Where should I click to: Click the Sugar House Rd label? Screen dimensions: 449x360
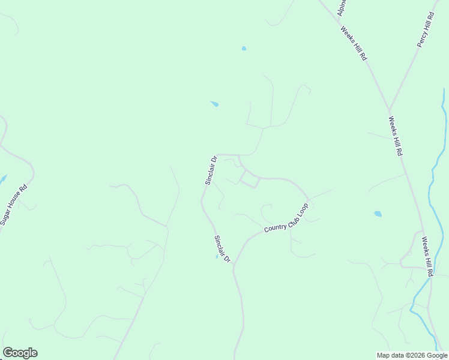[14, 204]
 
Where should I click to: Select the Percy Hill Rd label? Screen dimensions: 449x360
[425, 29]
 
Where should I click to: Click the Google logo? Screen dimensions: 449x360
[20, 353]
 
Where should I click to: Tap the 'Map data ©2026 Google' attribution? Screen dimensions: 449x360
[412, 355]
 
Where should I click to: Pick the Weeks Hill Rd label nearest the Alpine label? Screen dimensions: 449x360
[354, 43]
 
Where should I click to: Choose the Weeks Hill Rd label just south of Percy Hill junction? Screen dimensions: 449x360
[395, 136]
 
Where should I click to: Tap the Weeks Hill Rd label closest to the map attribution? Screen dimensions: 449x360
[427, 256]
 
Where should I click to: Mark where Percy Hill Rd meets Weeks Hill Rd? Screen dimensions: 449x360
[390, 110]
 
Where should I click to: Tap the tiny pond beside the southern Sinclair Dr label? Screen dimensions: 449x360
[217, 257]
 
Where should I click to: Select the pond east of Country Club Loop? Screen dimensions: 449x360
[378, 214]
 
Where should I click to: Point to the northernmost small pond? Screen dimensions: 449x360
[244, 49]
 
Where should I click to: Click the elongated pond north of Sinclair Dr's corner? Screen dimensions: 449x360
[214, 104]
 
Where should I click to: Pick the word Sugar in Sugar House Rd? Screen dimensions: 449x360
[7, 215]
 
